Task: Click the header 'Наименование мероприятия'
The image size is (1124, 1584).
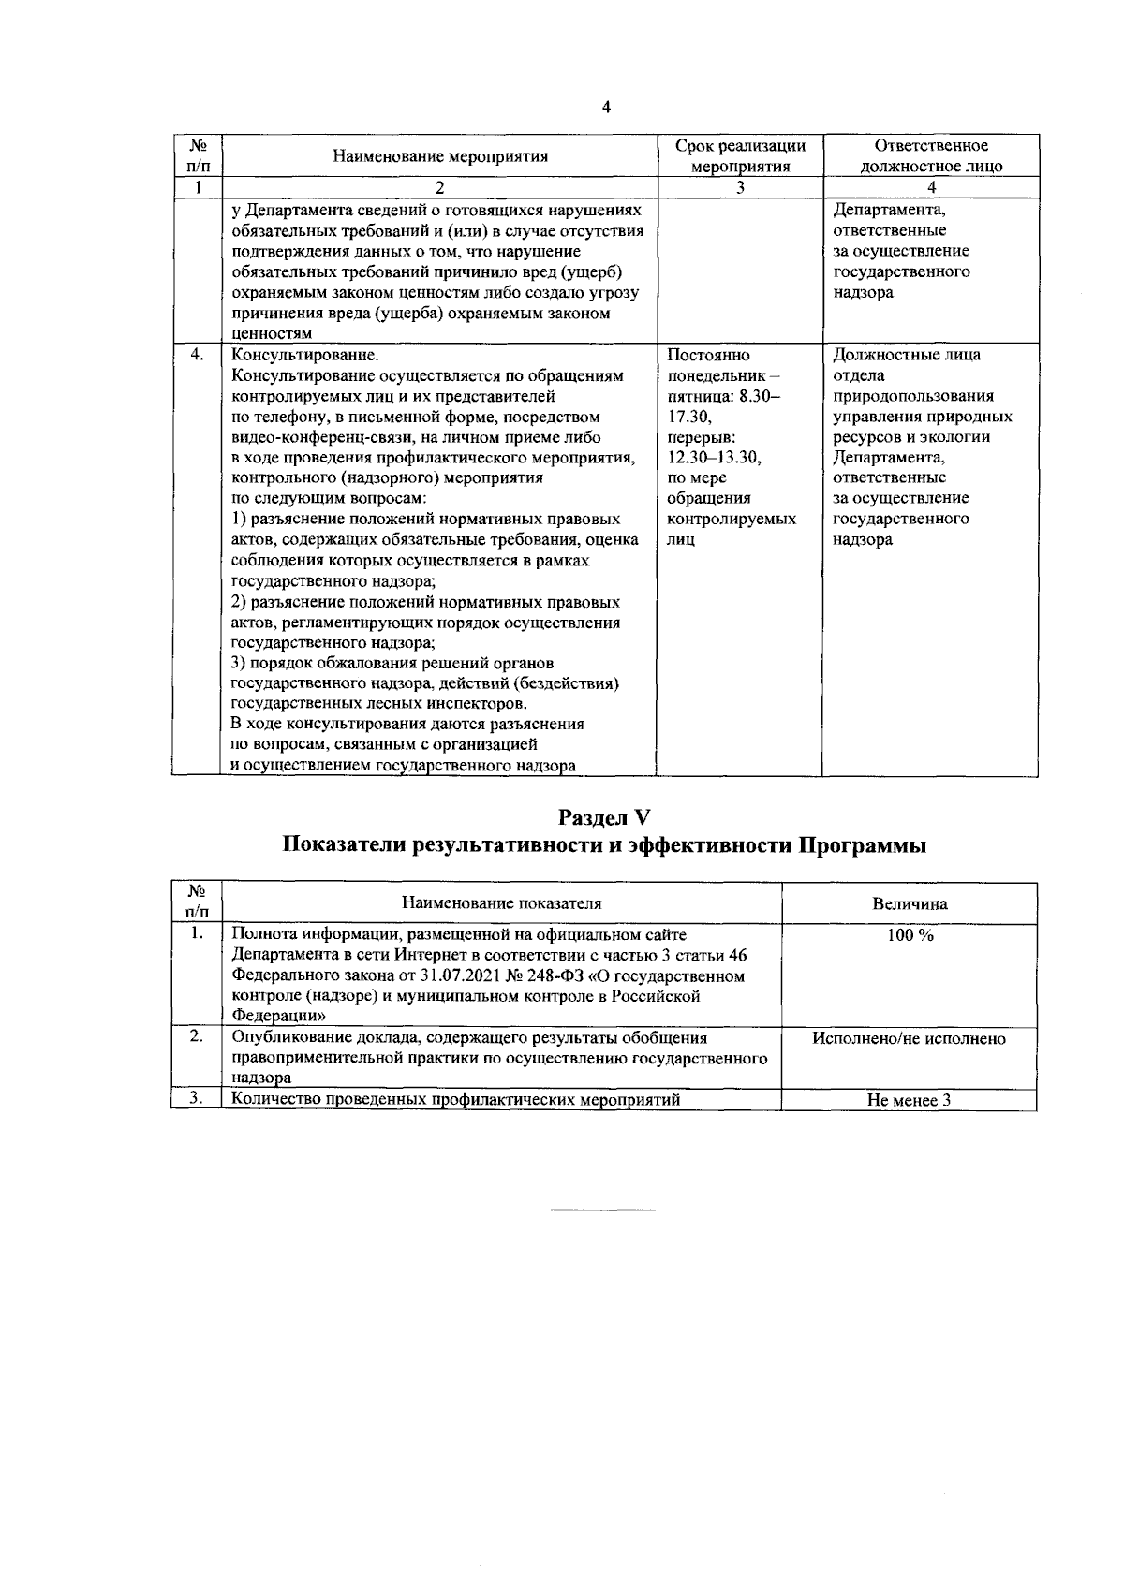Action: tap(440, 156)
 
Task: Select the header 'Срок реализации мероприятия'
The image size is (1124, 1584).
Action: tap(740, 156)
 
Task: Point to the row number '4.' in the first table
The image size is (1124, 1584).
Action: tap(197, 355)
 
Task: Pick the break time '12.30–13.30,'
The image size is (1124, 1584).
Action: tap(714, 458)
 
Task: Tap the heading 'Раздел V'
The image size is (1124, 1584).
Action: tap(605, 816)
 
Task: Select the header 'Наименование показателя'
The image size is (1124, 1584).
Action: tap(501, 903)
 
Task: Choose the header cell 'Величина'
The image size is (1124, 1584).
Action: tap(909, 903)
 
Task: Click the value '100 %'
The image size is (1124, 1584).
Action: tap(910, 934)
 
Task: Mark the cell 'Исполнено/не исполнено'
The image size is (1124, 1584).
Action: tap(910, 1038)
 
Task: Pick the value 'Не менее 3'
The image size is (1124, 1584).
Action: tap(909, 1100)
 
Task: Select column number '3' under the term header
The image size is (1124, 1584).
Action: tap(740, 187)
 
